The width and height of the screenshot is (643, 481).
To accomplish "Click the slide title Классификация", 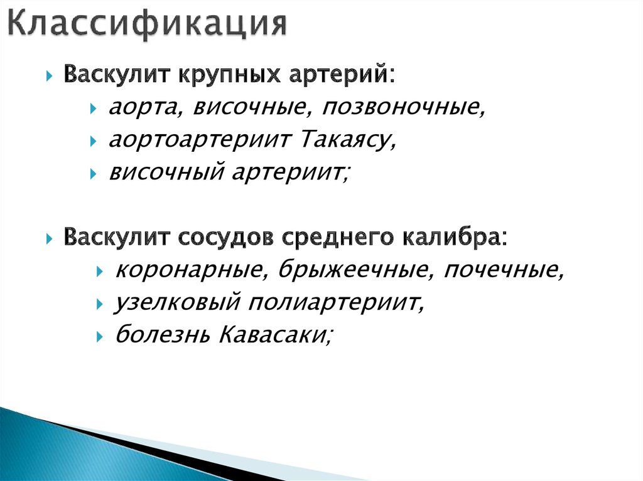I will (147, 24).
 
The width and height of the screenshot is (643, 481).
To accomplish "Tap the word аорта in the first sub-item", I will (137, 108).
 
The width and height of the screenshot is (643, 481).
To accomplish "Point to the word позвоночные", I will (404, 108).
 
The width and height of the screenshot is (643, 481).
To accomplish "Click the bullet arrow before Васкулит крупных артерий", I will (50, 77).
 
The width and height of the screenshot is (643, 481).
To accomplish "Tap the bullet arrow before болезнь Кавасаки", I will (100, 337).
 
